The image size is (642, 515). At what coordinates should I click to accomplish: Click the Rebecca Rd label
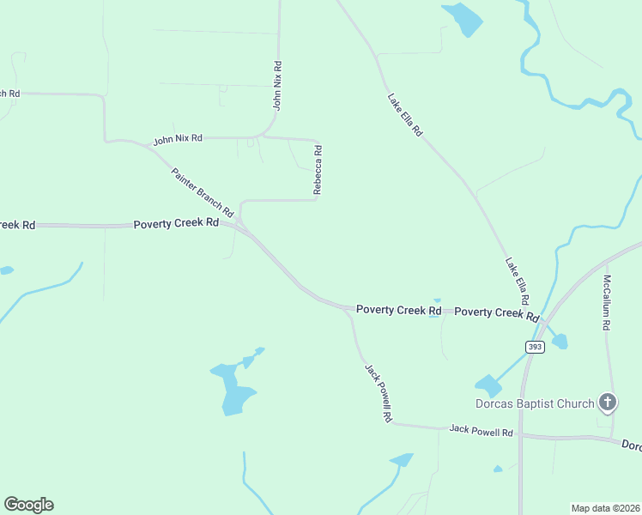[x=318, y=170]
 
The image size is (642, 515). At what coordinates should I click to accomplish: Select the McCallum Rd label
[x=607, y=303]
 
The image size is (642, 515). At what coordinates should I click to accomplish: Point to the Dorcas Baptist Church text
[x=536, y=403]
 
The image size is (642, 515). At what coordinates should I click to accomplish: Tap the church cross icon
[x=608, y=402]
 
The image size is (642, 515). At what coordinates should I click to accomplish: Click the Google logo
[x=28, y=505]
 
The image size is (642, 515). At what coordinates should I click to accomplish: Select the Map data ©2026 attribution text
[x=604, y=507]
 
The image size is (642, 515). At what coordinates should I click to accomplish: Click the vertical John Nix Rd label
[x=277, y=86]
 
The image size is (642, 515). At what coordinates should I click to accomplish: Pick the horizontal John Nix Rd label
[x=178, y=138]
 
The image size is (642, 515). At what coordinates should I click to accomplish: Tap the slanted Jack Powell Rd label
[x=379, y=392]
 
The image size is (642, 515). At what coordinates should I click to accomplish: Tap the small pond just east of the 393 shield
[x=560, y=342]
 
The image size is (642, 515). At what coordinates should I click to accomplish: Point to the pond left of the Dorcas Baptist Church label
[x=488, y=385]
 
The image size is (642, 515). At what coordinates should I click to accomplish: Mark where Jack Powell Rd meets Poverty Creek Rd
[x=347, y=309]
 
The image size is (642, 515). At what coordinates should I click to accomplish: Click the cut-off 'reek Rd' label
[x=17, y=225]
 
